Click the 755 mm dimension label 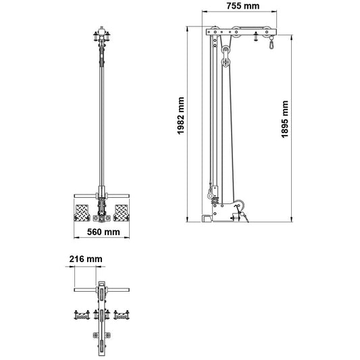pyautogui.click(x=241, y=7)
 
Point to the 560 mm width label pyautogui.click(x=103, y=232)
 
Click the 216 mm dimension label pyautogui.click(x=85, y=259)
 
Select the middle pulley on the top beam pyautogui.click(x=236, y=31)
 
